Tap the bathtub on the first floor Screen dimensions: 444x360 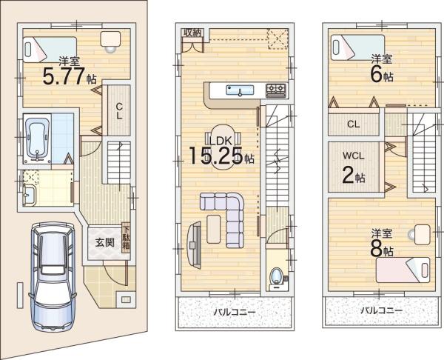coord(38,139)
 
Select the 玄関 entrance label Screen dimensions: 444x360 coord(104,243)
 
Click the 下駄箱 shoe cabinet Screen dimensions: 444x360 coord(126,238)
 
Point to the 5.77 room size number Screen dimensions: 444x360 coord(64,76)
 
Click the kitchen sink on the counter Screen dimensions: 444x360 coord(240,90)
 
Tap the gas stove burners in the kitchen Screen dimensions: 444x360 coord(276,90)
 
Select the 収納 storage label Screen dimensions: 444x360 coord(192,33)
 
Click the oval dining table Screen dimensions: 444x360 coord(222,147)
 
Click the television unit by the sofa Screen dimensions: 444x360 coord(194,244)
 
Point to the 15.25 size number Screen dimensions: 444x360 coord(215,156)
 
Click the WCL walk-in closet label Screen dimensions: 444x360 coord(354,156)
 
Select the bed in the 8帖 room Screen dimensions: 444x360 coord(403,270)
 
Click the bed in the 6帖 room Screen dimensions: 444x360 coord(357,47)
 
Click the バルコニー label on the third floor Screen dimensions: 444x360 coord(381,310)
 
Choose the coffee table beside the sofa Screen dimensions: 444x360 coord(214,229)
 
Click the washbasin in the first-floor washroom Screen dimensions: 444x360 coord(29,195)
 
